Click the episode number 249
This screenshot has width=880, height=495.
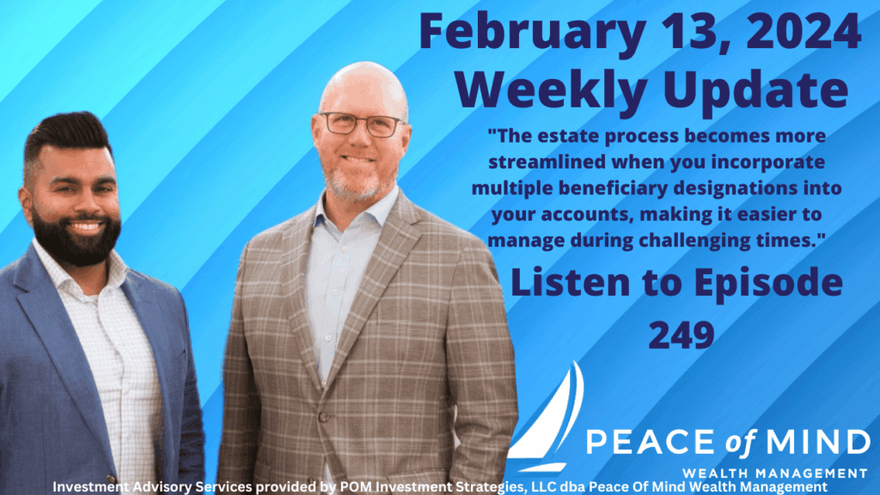[681, 334]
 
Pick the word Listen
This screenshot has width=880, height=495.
[570, 282]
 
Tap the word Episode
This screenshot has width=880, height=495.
[768, 284]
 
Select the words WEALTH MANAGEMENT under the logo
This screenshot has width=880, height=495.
[774, 474]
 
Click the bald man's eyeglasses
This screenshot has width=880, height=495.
[362, 124]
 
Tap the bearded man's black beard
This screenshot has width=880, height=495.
[76, 236]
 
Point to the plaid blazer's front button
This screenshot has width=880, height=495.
[323, 417]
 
